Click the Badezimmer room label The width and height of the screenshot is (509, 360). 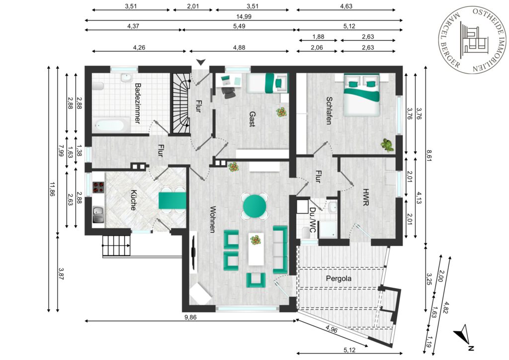[138, 103]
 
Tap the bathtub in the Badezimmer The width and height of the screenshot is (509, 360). [108, 125]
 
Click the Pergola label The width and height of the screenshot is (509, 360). [339, 278]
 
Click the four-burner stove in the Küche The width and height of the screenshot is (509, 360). [99, 187]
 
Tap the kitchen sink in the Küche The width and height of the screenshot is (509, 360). [98, 215]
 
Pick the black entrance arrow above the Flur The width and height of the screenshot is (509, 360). [201, 62]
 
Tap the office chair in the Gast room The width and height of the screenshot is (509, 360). [229, 91]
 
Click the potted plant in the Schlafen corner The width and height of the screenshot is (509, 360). [387, 145]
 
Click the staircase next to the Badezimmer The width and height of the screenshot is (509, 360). [181, 103]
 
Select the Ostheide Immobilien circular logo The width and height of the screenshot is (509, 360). [473, 38]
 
